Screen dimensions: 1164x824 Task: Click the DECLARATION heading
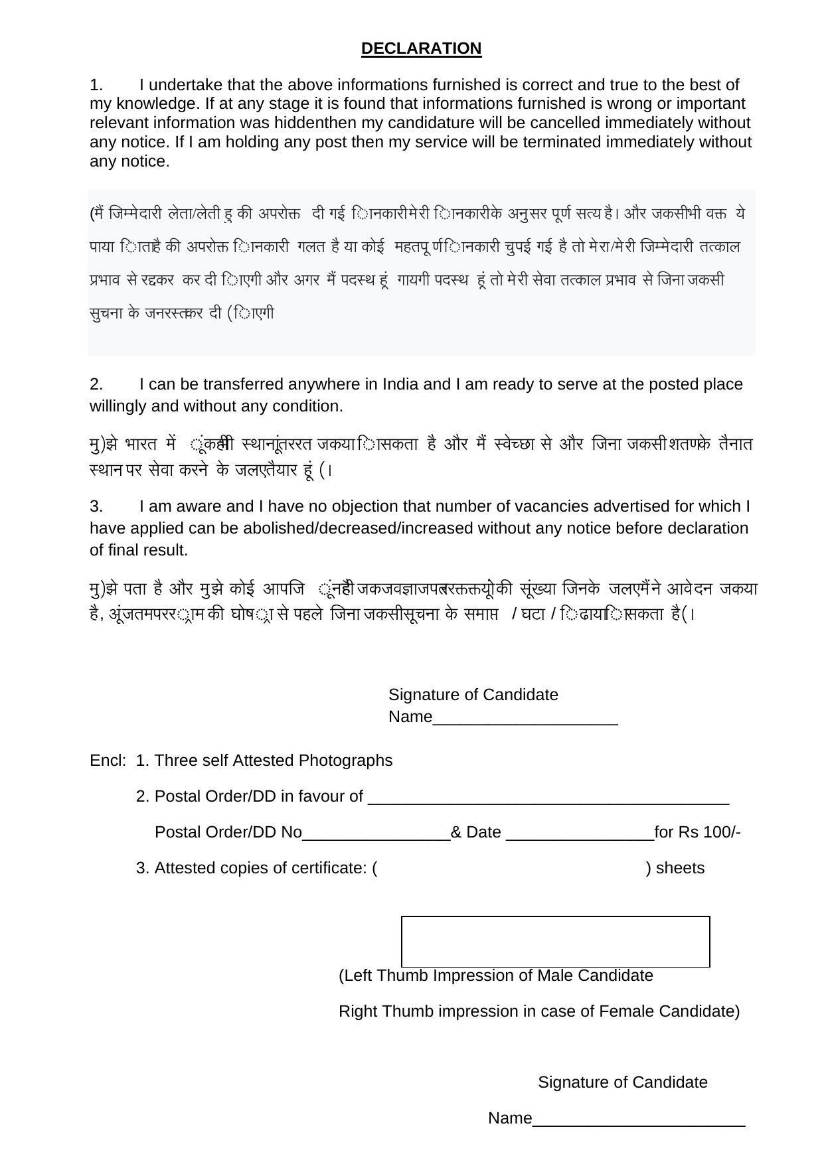click(421, 48)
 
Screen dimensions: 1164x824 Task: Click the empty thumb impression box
click(555, 941)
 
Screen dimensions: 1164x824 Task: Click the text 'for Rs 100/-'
click(697, 832)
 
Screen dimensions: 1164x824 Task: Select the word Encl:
click(108, 761)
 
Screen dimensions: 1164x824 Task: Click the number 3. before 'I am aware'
click(96, 506)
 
